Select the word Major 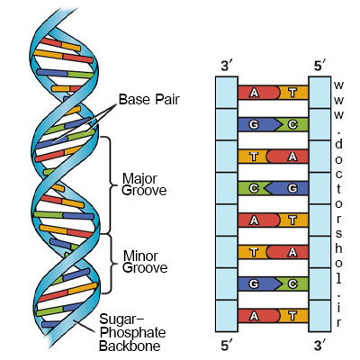[x=139, y=180]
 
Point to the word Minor [x=140, y=256]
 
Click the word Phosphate [x=132, y=333]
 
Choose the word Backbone [x=130, y=346]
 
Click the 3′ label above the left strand [x=226, y=67]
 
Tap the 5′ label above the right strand [x=320, y=67]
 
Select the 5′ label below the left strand [x=226, y=346]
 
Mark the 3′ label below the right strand [x=320, y=346]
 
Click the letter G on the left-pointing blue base [x=292, y=188]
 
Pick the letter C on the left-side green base [x=254, y=188]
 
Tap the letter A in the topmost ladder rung [x=254, y=93]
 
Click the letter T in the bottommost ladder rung [x=292, y=316]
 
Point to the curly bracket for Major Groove [x=109, y=185]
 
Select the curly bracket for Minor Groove [x=110, y=264]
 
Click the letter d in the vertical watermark [x=338, y=145]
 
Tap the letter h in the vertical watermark [x=338, y=248]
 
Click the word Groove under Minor [x=145, y=267]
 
